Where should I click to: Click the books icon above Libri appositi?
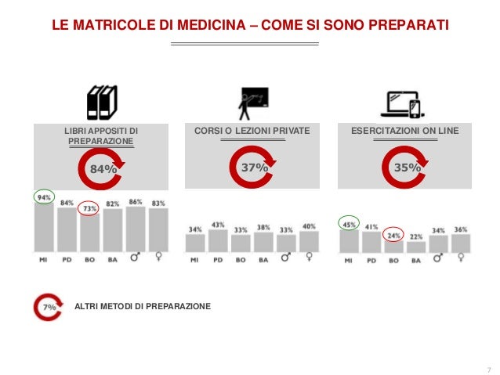point(101,102)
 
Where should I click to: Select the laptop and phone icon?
point(404,103)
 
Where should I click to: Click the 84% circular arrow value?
point(102,168)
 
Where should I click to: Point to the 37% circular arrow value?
point(254,168)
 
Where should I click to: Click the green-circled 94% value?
point(44,198)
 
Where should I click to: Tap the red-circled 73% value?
point(89,209)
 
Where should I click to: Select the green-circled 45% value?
point(349,224)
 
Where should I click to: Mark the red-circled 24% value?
point(394,235)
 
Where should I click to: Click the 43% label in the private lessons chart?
point(218,225)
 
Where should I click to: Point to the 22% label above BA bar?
point(416,236)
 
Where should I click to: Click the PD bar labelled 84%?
point(67,231)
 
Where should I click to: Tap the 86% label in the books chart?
point(136,202)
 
